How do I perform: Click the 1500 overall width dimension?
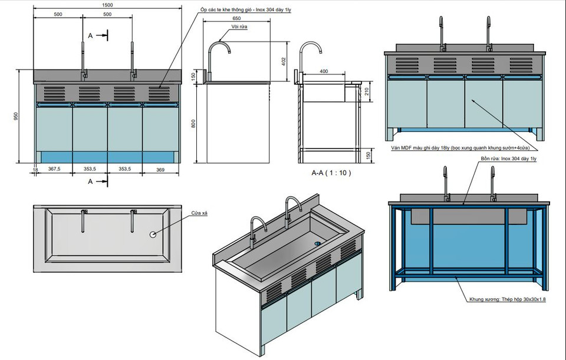(x=107, y=5)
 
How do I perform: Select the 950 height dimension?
(x=15, y=116)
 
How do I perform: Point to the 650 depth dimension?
(x=236, y=18)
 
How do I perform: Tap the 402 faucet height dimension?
(x=283, y=61)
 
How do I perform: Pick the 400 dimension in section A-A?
(x=324, y=71)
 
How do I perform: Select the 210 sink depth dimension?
(x=366, y=91)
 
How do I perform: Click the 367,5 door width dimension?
(x=55, y=169)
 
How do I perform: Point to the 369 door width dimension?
(x=160, y=169)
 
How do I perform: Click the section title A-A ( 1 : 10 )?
(x=331, y=173)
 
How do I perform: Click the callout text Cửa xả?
(x=199, y=213)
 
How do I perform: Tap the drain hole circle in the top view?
(x=153, y=234)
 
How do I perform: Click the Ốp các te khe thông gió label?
(x=249, y=11)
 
